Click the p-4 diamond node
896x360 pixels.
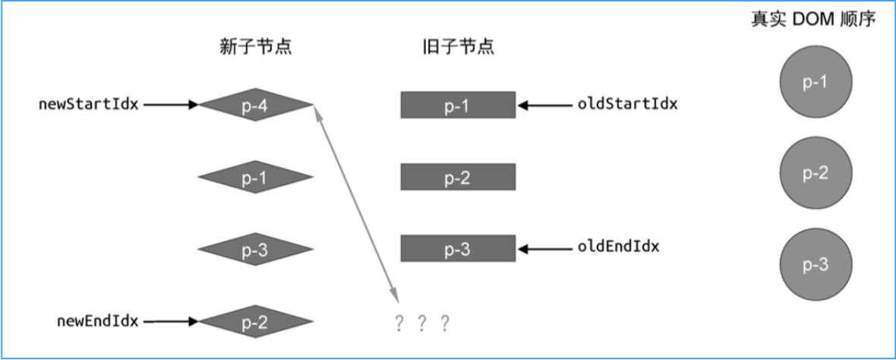tap(255, 105)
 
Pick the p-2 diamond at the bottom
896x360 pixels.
tap(255, 321)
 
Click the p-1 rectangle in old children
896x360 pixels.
tap(458, 105)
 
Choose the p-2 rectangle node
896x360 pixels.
tap(458, 177)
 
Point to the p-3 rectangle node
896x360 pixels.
tap(458, 248)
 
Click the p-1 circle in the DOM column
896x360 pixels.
tap(816, 82)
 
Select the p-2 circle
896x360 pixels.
tap(816, 173)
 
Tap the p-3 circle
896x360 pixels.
tap(816, 264)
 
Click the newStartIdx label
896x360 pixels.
tap(88, 104)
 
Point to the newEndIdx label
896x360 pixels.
tap(97, 321)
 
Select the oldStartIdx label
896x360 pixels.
tap(627, 104)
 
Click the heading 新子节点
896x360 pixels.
tap(255, 47)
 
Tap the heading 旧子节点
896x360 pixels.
tap(458, 47)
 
